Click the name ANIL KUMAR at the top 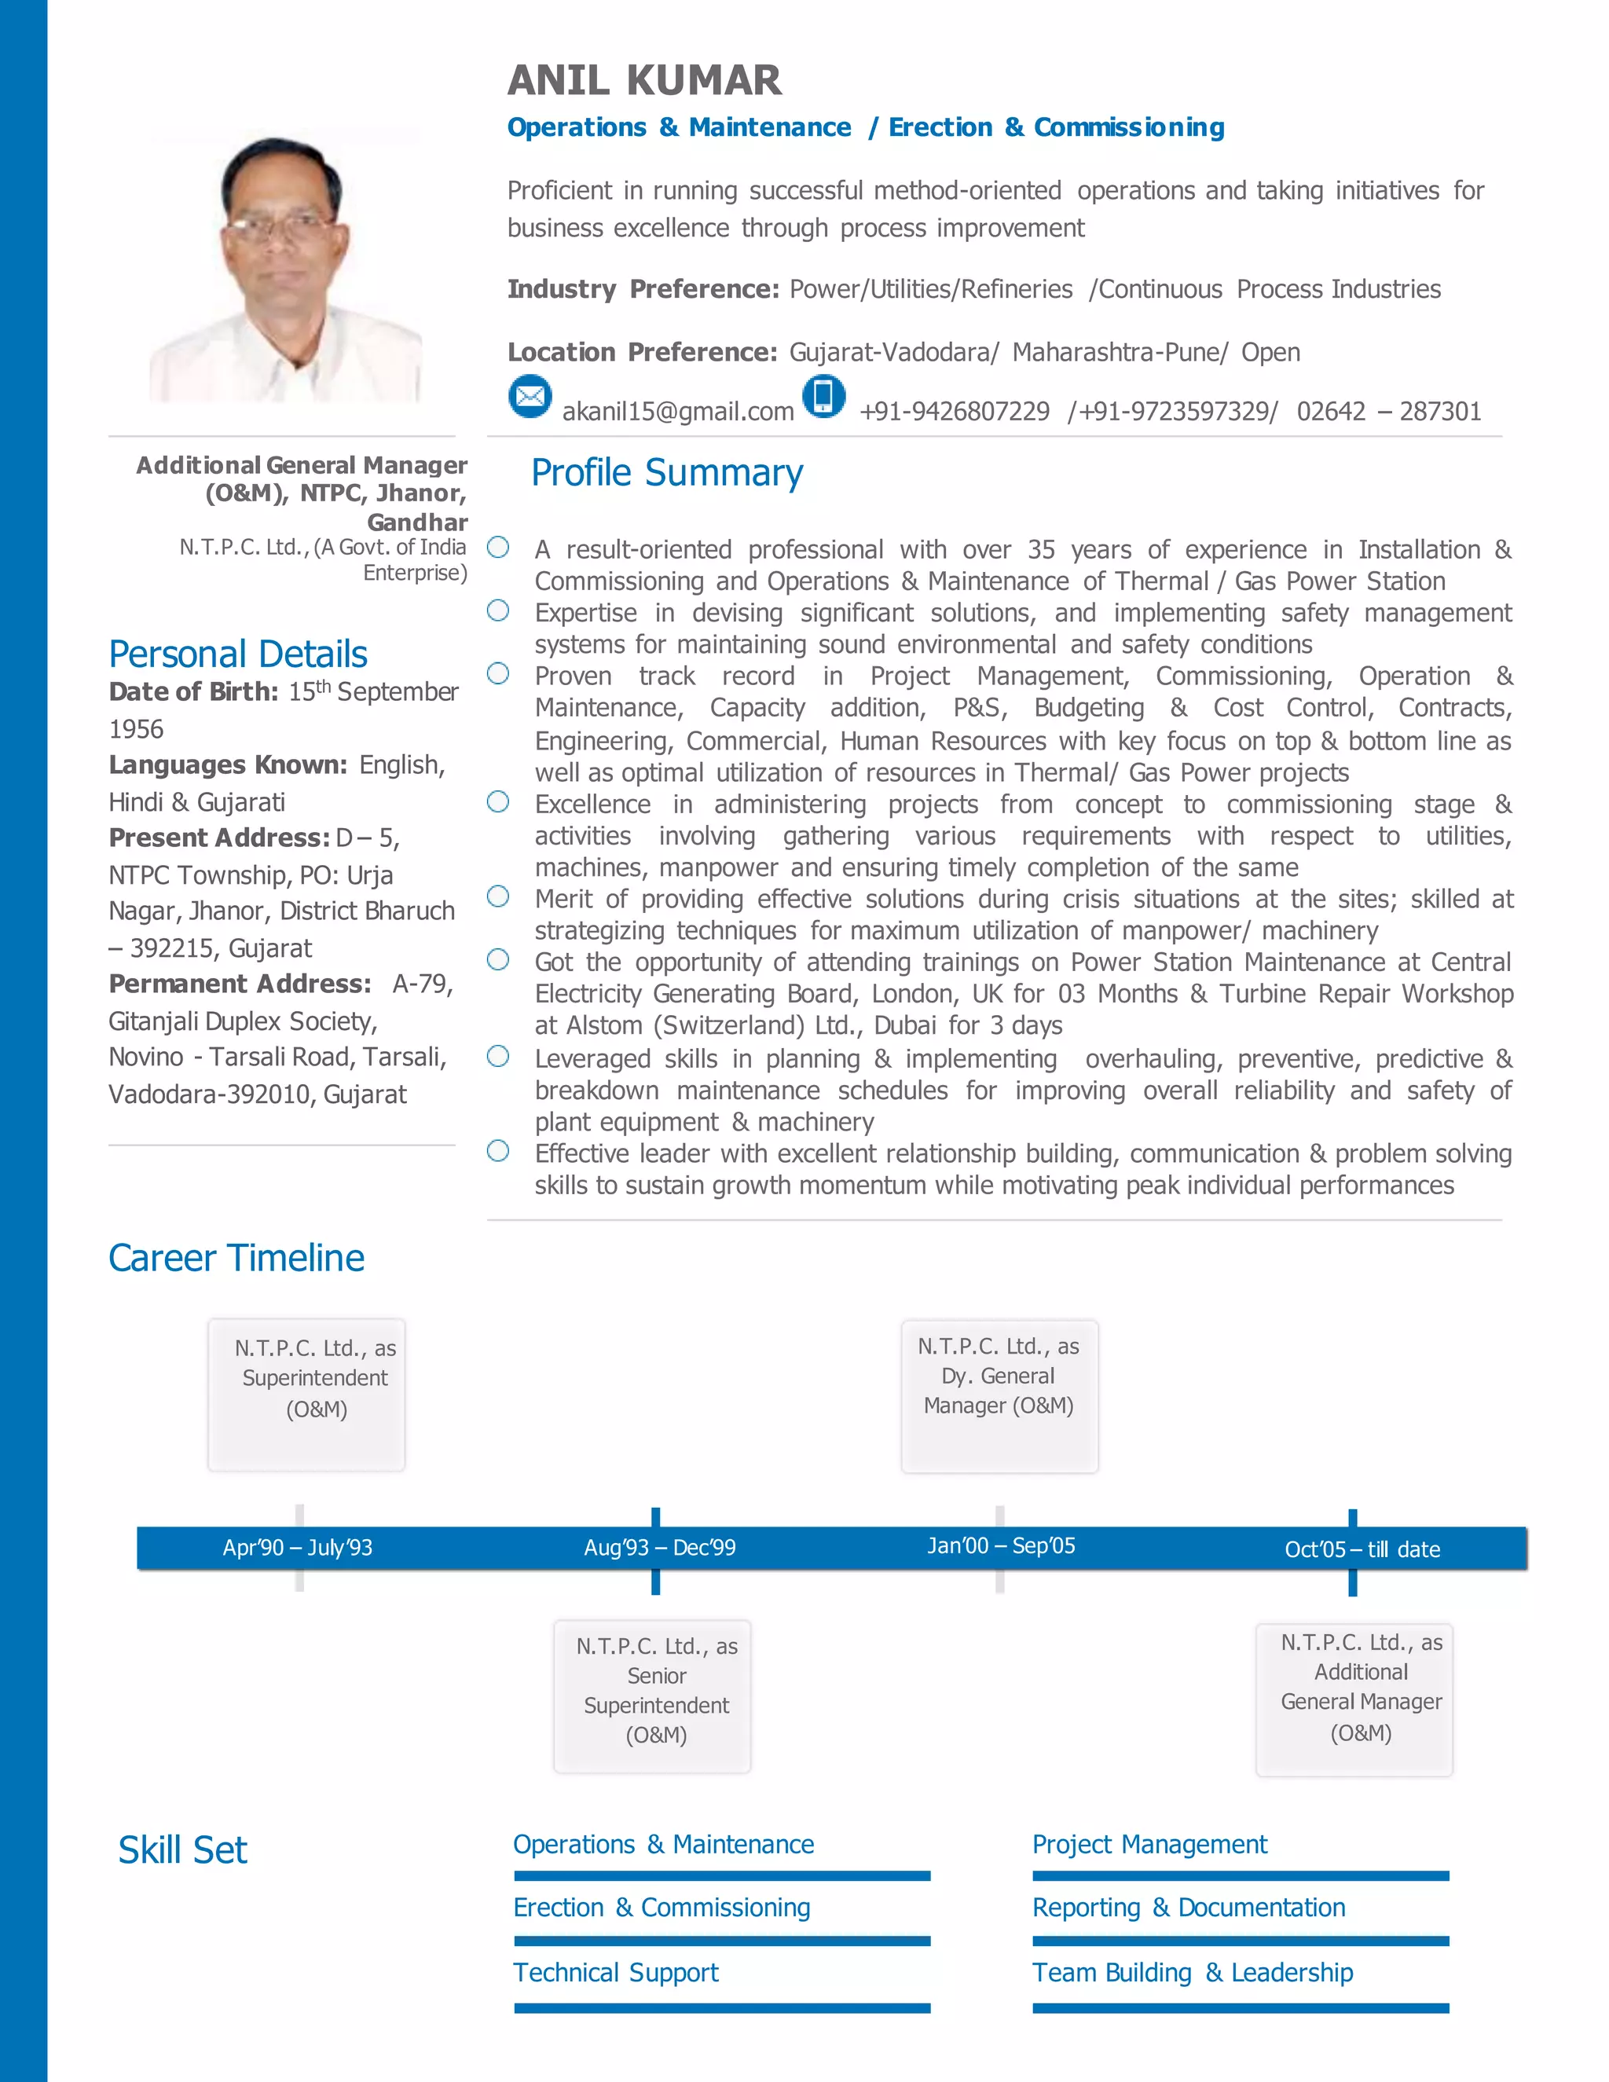(644, 80)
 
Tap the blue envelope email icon (530, 396)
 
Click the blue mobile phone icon (823, 396)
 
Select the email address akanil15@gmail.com (678, 412)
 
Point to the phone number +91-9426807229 (954, 412)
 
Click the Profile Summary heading (666, 473)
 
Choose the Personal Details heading (237, 654)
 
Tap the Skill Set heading (182, 1850)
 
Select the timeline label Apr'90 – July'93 (298, 1547)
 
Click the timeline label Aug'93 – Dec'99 (660, 1547)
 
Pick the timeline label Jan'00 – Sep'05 (1001, 1545)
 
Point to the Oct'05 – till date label (1362, 1549)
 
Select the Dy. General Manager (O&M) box (999, 1394)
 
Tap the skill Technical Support (616, 1972)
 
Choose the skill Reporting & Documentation (1189, 1908)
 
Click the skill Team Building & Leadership (1193, 1972)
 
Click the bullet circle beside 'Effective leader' (497, 1151)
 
